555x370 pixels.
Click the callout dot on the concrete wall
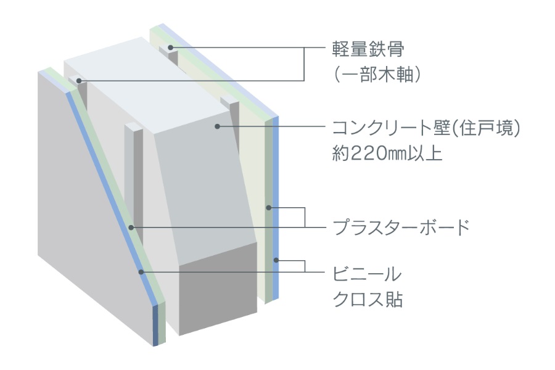pos(218,126)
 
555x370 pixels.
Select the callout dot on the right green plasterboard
pos(269,207)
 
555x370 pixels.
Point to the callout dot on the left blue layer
pos(141,272)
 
